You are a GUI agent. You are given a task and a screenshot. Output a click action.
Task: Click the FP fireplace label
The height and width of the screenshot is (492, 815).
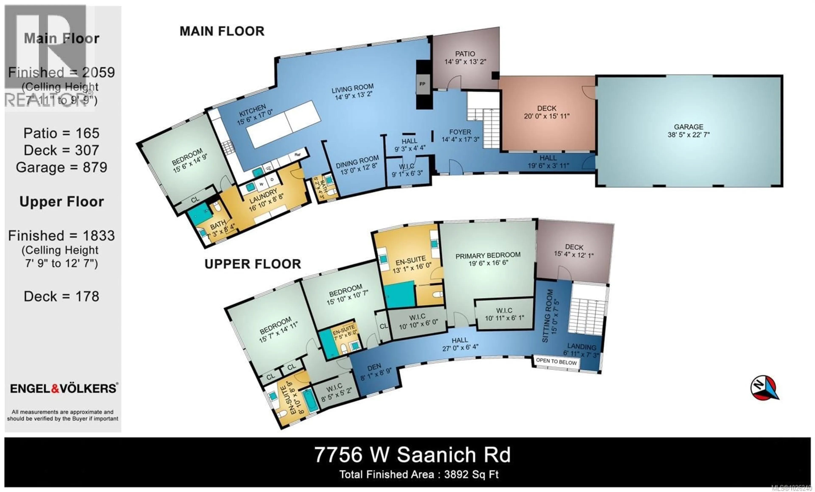point(422,84)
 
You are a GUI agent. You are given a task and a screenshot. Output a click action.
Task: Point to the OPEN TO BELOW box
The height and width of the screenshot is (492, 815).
point(556,361)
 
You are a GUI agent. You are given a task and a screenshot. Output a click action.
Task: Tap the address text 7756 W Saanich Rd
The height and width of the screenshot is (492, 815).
point(412,455)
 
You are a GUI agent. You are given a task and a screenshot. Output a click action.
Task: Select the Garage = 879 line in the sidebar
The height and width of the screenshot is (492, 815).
point(62,168)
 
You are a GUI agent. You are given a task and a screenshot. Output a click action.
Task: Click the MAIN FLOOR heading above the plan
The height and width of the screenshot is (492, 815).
point(222,31)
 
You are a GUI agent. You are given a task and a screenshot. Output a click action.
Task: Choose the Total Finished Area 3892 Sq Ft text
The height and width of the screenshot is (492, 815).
point(419,474)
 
